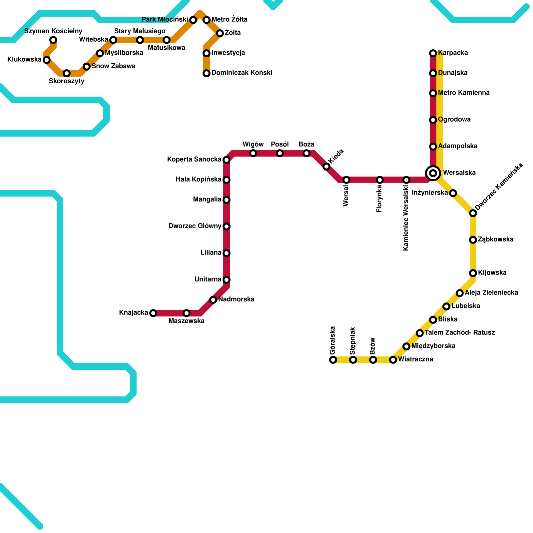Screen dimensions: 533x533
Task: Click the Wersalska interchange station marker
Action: coord(433,173)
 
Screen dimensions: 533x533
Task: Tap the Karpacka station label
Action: coord(453,53)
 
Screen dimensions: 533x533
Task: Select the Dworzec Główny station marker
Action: coord(227,227)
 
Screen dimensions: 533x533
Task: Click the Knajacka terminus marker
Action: coord(153,313)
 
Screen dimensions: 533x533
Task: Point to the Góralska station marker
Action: coord(333,360)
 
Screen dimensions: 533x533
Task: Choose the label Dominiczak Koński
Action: coord(242,73)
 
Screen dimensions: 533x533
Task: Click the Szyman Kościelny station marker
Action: coord(53,40)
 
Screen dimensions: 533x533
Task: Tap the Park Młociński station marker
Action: coord(193,20)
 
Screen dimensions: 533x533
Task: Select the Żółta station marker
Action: coord(220,33)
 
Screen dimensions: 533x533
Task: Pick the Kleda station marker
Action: coord(326,167)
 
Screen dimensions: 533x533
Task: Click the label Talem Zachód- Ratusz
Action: coord(460,333)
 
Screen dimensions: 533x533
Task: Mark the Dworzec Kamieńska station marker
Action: coord(473,213)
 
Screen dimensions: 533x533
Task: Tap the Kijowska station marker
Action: coord(473,273)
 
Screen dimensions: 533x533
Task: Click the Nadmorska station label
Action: coord(236,299)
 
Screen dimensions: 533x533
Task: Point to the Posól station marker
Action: coord(280,153)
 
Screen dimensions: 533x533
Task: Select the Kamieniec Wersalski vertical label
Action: coord(406,218)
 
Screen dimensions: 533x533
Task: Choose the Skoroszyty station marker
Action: coord(67,73)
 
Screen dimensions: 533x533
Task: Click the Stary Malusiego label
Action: coord(140,31)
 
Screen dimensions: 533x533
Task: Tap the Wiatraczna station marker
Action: coord(393,360)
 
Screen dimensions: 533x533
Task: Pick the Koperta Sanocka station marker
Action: coord(227,160)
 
